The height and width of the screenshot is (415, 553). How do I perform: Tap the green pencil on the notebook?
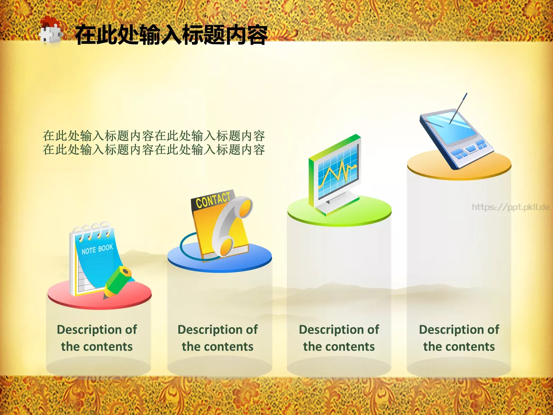coord(118,282)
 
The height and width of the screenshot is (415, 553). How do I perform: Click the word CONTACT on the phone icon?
coord(213,200)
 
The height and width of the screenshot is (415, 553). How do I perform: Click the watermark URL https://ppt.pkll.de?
coord(510,207)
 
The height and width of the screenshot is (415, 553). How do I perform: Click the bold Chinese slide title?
coord(171,35)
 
